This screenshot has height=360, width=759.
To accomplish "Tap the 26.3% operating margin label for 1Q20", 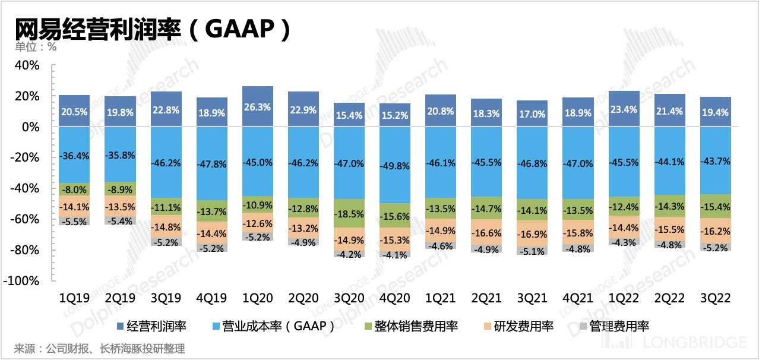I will point(258,108).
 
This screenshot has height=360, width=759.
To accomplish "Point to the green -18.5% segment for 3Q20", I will point(349,213).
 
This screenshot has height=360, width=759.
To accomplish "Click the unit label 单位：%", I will point(35,47).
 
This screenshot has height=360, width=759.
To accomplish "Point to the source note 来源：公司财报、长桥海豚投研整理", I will point(99,348).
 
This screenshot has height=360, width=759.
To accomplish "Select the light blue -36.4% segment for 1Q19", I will point(74,155).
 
